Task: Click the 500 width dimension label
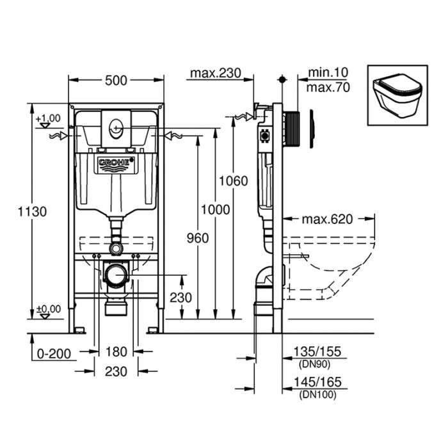pos(116,80)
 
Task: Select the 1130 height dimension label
pos(32,211)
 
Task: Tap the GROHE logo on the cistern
pos(116,164)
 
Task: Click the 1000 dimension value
pos(213,209)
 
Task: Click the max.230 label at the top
pos(215,73)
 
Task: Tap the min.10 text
pos(328,74)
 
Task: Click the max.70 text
pos(328,88)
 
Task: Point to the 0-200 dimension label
pos(53,353)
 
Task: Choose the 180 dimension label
pos(116,353)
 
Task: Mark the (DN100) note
pos(316,394)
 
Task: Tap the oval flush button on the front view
pos(116,127)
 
